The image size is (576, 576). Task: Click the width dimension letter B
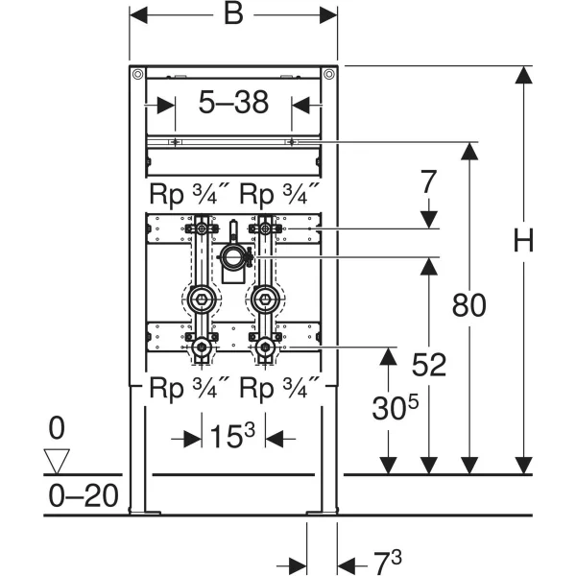(x=233, y=14)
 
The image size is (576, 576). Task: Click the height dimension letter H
(x=523, y=240)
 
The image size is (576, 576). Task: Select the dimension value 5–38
(x=233, y=102)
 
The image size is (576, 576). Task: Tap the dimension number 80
(x=469, y=305)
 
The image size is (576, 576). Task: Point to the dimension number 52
(x=429, y=365)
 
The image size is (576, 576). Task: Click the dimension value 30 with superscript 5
(x=396, y=407)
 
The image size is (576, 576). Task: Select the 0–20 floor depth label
(x=84, y=496)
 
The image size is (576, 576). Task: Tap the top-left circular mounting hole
(x=137, y=74)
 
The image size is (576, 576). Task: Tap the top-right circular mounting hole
(x=328, y=74)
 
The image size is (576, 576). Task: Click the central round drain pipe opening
(x=232, y=256)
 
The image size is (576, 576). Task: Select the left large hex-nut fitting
(x=202, y=300)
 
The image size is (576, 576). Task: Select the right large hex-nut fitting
(x=265, y=300)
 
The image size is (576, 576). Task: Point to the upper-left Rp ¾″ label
(x=189, y=193)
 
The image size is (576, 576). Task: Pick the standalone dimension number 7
(x=428, y=181)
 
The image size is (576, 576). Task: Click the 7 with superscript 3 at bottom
(x=388, y=562)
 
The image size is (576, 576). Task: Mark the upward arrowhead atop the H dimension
(x=523, y=75)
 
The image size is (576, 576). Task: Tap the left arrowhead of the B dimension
(x=138, y=15)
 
